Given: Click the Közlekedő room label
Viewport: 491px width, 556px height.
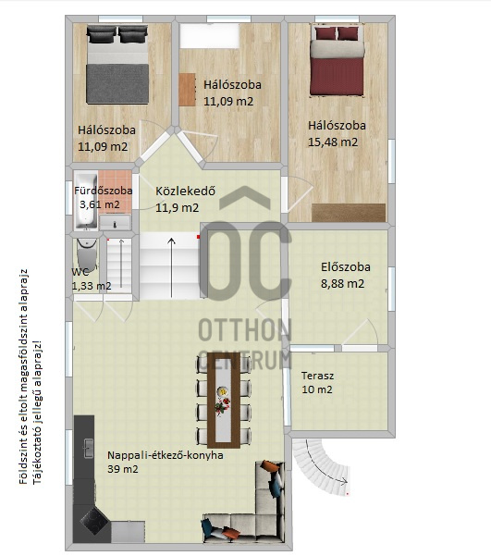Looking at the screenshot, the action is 185,192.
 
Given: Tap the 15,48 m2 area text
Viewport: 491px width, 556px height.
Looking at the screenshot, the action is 333,142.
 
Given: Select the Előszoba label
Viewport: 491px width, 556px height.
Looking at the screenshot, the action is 346,267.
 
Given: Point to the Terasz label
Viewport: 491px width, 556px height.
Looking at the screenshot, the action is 317,376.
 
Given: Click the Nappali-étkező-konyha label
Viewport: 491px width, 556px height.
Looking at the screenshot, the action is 166,455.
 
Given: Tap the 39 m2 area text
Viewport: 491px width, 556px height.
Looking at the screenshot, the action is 123,469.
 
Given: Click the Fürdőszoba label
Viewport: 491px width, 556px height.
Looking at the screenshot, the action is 104,191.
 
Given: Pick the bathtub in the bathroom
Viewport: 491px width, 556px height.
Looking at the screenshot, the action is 86,201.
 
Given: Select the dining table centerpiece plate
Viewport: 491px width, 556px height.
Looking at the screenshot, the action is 223,391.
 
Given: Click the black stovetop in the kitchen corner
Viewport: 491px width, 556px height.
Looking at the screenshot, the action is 93,521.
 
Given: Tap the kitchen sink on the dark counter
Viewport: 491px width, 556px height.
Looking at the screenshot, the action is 88,448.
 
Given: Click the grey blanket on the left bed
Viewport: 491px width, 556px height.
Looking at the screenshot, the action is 117,83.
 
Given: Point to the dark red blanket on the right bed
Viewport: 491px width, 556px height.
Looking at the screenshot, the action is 337,76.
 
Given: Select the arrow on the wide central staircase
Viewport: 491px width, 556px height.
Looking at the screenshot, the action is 172,267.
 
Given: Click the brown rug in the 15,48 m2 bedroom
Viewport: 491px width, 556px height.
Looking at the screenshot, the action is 349,213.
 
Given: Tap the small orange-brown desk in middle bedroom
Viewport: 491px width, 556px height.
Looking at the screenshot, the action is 187,90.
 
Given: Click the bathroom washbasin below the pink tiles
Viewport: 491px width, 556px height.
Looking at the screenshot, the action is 115,222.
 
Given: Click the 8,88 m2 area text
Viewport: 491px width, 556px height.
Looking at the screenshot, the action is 342,284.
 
